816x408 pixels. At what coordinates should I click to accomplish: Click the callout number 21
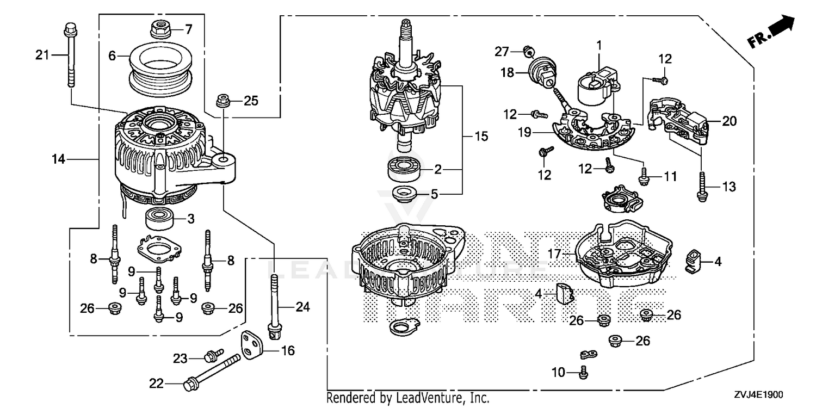tap(42, 54)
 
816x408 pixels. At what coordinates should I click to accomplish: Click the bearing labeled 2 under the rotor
tap(405, 170)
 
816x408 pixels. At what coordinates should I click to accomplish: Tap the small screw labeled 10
tap(584, 373)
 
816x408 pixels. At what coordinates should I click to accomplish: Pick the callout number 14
tap(58, 159)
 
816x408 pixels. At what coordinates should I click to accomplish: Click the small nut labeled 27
tap(527, 51)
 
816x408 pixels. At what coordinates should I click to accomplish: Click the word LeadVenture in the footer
tap(437, 398)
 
